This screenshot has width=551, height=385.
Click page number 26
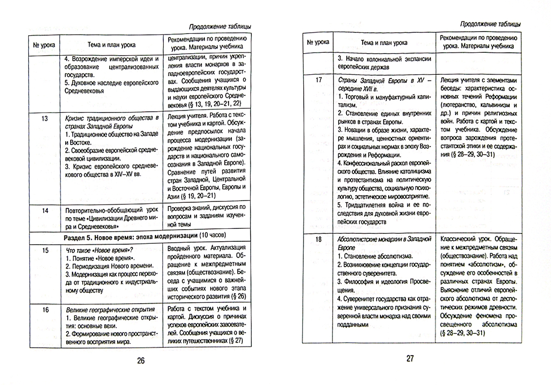coord(141,360)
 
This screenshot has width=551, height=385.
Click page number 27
coord(410,358)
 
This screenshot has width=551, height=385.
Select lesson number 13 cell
coord(45,118)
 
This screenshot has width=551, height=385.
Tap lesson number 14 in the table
coord(45,210)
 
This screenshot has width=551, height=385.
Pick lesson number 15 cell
coord(45,250)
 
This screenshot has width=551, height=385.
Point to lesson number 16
coord(45,309)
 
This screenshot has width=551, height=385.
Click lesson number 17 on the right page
coord(318,80)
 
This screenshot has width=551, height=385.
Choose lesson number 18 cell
coord(318,239)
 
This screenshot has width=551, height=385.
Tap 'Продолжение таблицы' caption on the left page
coord(219,26)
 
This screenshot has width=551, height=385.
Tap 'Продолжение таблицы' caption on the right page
coord(490,24)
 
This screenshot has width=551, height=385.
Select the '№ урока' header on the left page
coord(44,45)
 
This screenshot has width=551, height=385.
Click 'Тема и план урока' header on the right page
coord(384,43)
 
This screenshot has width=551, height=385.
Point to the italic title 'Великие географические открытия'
coord(111,309)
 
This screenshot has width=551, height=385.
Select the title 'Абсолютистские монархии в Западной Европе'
coord(384,243)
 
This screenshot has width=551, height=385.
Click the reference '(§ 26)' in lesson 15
coord(239,296)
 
